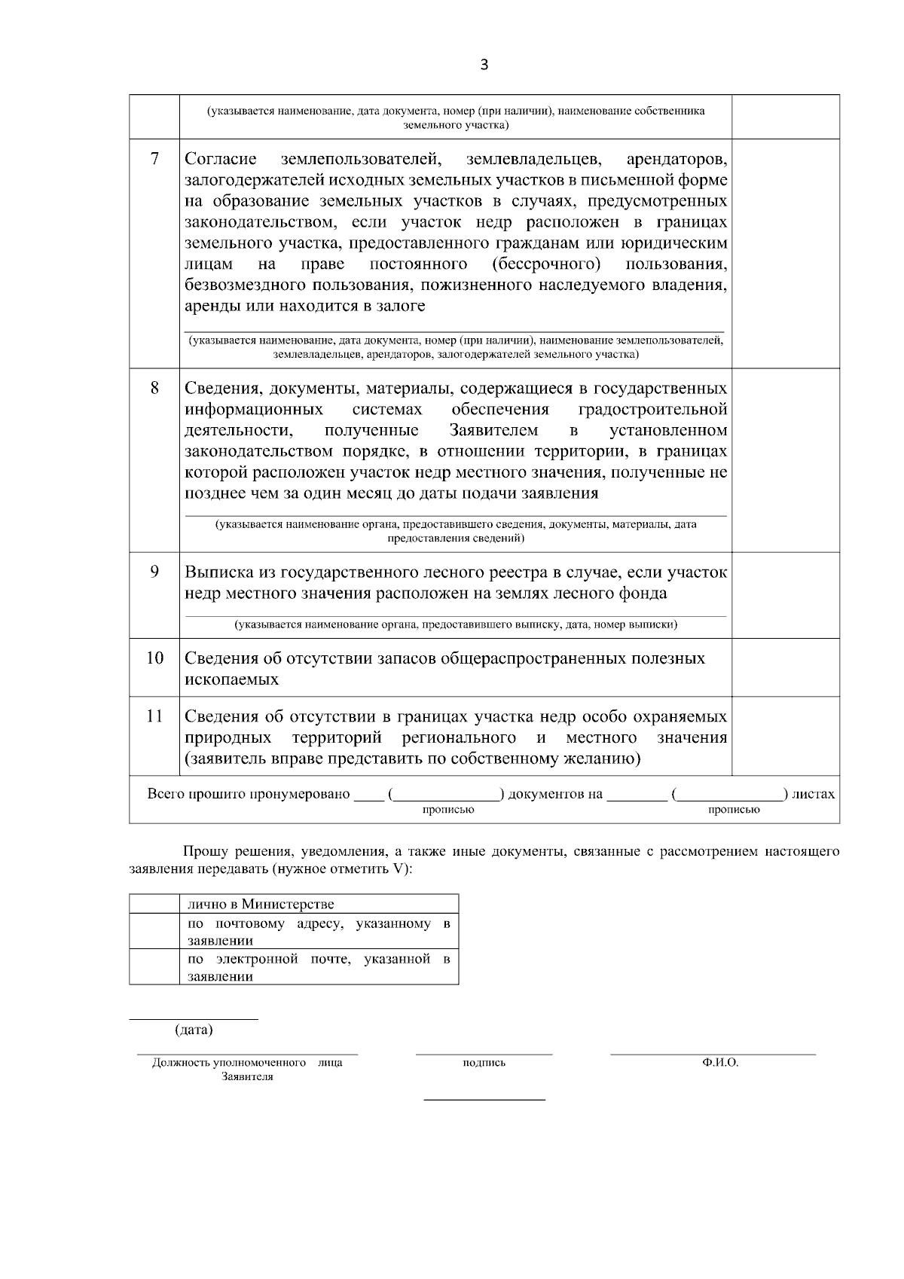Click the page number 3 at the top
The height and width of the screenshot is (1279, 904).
[484, 66]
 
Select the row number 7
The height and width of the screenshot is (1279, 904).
[154, 159]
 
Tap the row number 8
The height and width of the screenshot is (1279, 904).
[154, 388]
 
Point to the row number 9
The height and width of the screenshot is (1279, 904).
[154, 572]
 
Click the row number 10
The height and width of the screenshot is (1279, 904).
[154, 658]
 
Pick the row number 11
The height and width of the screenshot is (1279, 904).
[154, 716]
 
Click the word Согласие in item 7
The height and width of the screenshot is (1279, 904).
[221, 160]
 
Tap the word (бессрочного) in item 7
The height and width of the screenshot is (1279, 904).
[546, 264]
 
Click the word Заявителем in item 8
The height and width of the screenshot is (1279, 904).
[493, 431]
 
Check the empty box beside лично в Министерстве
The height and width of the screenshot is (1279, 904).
[154, 904]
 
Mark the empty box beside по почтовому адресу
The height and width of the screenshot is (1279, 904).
[154, 931]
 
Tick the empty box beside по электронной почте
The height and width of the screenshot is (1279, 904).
[154, 966]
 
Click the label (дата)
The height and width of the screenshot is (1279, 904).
[194, 1030]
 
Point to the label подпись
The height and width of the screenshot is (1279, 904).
[484, 1063]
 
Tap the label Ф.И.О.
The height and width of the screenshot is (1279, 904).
[719, 1063]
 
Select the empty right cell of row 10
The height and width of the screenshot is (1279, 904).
[785, 667]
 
